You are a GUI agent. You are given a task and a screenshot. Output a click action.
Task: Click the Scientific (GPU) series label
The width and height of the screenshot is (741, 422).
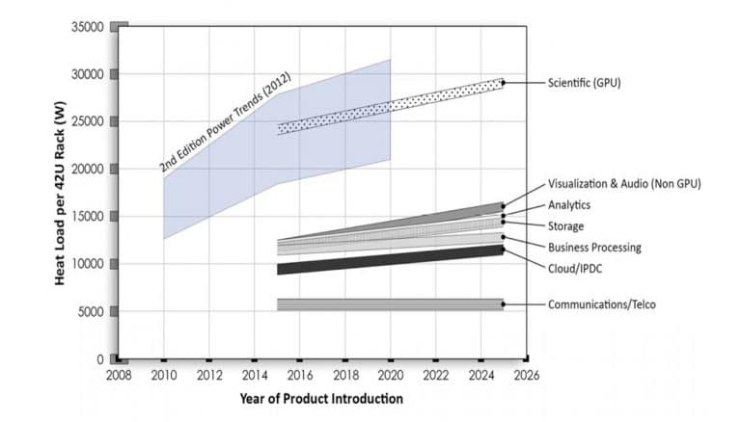click(x=584, y=83)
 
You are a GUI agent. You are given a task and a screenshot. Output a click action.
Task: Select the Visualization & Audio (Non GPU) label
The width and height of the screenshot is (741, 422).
click(x=623, y=183)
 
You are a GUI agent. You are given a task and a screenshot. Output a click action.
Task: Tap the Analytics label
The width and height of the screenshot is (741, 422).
click(x=569, y=204)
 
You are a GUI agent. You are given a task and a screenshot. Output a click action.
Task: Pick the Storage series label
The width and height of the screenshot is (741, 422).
click(x=565, y=225)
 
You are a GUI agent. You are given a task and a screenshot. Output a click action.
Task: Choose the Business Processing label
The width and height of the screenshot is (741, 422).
click(x=594, y=247)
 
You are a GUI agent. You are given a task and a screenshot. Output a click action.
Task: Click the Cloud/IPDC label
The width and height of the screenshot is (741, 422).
click(x=576, y=268)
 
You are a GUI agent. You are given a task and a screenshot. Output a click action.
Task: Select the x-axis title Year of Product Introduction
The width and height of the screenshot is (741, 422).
click(x=321, y=398)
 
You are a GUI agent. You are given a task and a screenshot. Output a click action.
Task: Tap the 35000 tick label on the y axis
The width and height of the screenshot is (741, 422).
click(x=86, y=27)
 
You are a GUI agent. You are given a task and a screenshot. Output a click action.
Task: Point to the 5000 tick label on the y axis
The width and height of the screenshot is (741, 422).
click(x=89, y=311)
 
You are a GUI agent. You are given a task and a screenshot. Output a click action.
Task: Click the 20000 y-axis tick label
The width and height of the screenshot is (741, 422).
click(x=86, y=170)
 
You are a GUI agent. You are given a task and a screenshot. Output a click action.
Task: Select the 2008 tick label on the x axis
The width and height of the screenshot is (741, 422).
click(x=119, y=376)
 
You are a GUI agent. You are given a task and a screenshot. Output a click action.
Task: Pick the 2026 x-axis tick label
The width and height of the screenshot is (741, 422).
click(x=525, y=376)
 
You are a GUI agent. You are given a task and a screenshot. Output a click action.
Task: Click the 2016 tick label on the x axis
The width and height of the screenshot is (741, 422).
click(x=300, y=376)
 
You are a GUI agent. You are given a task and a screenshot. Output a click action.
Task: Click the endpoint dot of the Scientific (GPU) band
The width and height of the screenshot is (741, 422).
click(x=503, y=83)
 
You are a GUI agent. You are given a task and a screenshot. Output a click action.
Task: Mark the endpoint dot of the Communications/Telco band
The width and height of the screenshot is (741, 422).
click(x=503, y=304)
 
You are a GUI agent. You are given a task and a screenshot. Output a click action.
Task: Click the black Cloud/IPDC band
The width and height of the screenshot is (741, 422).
click(x=386, y=259)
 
